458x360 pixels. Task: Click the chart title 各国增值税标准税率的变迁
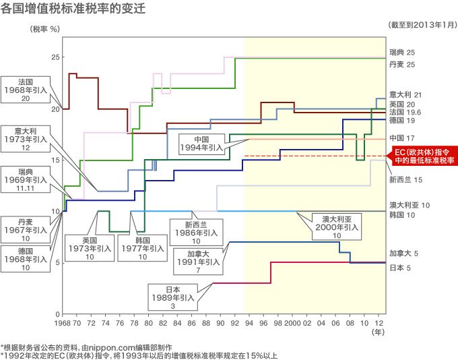click(x=73, y=10)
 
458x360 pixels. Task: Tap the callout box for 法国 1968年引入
click(x=25, y=88)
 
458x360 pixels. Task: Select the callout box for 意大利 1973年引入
click(x=25, y=138)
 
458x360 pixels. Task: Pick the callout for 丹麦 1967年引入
click(x=25, y=229)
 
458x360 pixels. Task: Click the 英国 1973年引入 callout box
click(x=90, y=247)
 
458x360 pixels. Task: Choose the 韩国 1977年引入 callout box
click(x=141, y=247)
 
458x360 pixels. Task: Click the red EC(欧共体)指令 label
click(x=424, y=156)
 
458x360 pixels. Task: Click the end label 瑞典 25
click(x=401, y=52)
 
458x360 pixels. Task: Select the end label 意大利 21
click(x=405, y=95)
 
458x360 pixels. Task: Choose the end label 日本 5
click(x=400, y=268)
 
